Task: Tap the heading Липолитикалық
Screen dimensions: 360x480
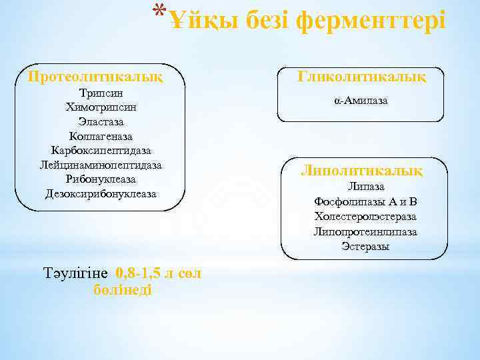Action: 362,170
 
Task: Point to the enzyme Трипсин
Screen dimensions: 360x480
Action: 101,92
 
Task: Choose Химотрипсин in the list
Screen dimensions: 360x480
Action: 101,107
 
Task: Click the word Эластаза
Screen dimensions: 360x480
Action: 101,121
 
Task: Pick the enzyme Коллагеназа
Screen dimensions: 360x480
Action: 101,136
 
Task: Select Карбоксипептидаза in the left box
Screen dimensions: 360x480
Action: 101,151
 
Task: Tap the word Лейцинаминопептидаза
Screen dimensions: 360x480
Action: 101,165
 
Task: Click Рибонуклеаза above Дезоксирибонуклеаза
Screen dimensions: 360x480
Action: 101,179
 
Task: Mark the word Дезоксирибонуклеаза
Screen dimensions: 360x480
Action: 101,194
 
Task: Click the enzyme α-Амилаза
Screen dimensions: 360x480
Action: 361,101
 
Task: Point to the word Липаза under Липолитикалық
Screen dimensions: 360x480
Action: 366,187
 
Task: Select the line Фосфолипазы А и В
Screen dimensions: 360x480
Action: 365,202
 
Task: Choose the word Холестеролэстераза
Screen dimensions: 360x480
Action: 365,217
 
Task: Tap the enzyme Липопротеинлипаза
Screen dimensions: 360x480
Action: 365,231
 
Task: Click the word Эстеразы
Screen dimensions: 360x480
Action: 365,246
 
